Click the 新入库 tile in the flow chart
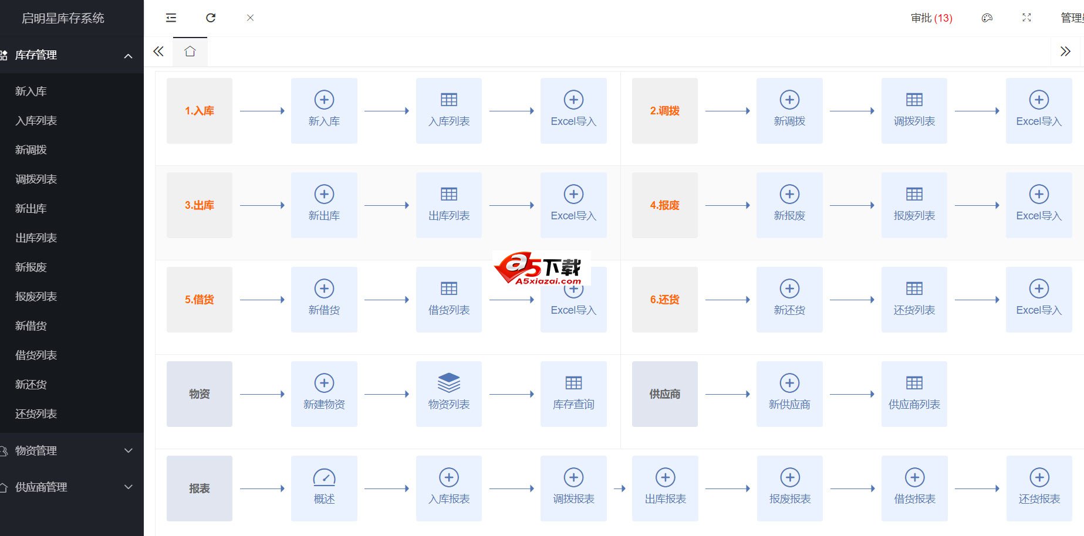coord(324,111)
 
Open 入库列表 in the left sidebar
coord(36,121)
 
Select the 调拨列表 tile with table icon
coord(914,111)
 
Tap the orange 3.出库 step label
coord(200,205)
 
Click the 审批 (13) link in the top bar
coord(931,18)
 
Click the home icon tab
coord(190,52)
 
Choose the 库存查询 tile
coord(573,394)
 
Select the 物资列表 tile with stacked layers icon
coord(448,394)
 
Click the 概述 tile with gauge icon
coord(324,488)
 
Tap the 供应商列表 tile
coord(914,394)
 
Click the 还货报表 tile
coord(1039,488)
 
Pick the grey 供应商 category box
coord(664,394)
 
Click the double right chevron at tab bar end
coord(1065,52)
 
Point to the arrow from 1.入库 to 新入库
coord(262,111)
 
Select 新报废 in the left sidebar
coord(31,267)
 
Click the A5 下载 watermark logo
coord(541,269)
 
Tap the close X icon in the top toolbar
coord(250,18)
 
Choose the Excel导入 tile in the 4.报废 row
coord(1039,205)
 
